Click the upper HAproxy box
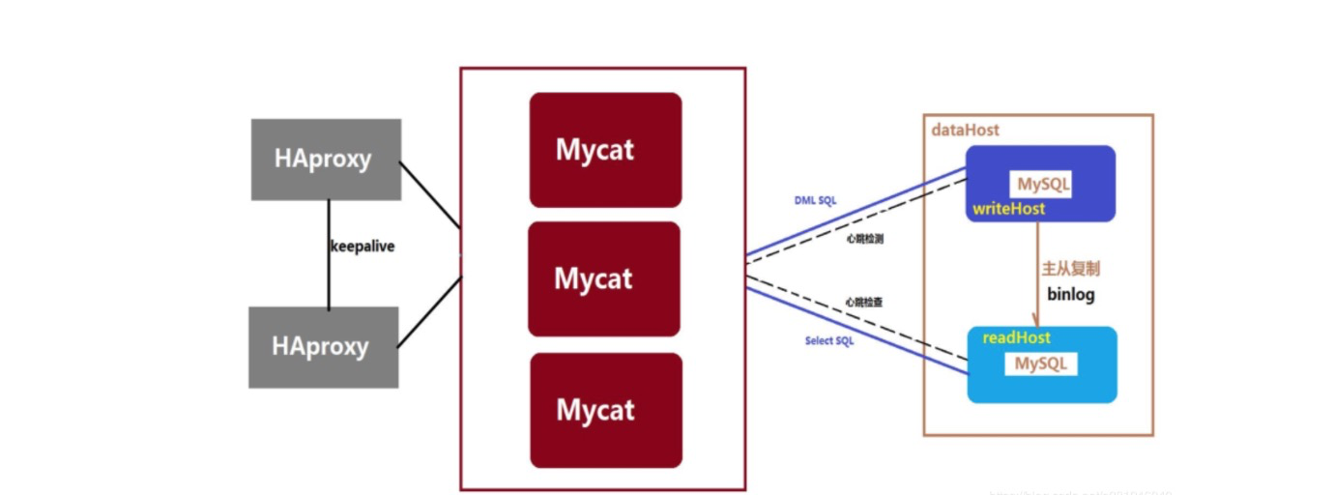[326, 160]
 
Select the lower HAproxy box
[323, 347]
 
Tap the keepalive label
[362, 247]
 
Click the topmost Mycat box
[605, 150]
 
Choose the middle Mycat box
[604, 278]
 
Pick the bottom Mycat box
[606, 410]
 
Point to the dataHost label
[965, 130]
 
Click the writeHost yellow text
[1008, 209]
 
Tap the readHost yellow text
[1016, 337]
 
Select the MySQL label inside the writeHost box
[1043, 184]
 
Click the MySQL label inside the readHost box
[1040, 364]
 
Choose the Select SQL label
[828, 341]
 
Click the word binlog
[1071, 294]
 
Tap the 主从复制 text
[1071, 269]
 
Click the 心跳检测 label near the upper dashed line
[863, 237]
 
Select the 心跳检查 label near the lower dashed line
[863, 303]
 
